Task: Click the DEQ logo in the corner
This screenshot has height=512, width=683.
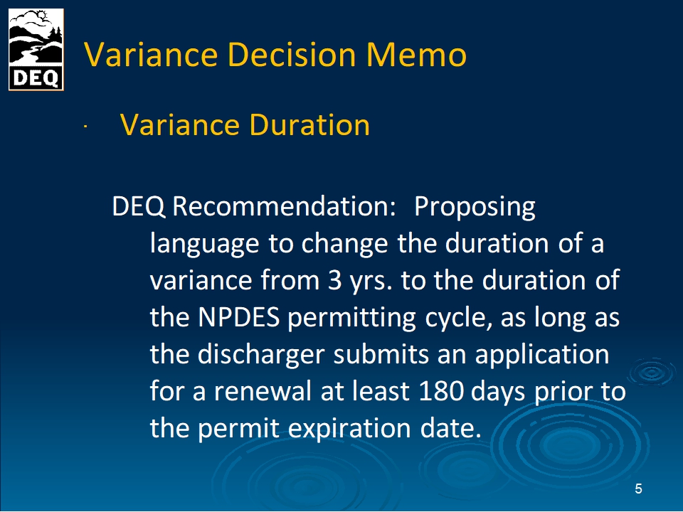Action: click(36, 50)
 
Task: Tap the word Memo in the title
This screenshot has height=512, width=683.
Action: click(416, 55)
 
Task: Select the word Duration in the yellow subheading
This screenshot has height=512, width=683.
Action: click(309, 125)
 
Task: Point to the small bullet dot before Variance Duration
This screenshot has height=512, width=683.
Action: click(86, 127)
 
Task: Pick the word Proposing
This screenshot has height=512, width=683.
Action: click(475, 208)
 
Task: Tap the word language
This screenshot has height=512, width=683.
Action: click(205, 244)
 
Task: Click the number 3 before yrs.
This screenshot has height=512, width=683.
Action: click(334, 280)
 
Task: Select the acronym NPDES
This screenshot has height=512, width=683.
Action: click(239, 317)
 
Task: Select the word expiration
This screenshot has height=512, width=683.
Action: click(349, 429)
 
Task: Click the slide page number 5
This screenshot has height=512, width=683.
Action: click(638, 489)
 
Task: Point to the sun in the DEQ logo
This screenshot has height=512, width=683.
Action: click(41, 16)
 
